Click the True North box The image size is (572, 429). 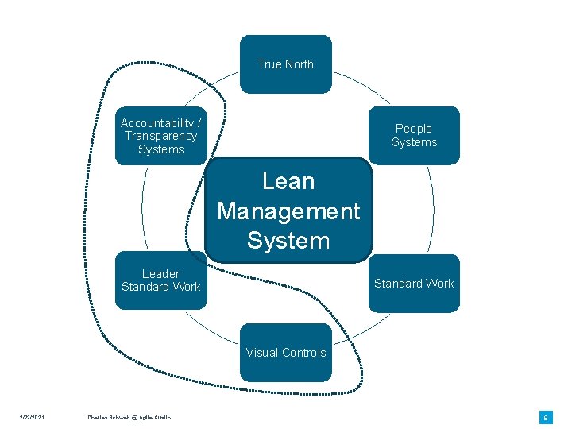click(285, 64)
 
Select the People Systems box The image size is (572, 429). click(414, 136)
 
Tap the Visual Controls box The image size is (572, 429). click(286, 353)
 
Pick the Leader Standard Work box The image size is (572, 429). click(160, 280)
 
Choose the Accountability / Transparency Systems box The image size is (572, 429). click(160, 136)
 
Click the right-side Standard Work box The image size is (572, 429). click(414, 284)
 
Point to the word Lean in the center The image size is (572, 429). click(288, 181)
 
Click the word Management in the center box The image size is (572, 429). click(288, 211)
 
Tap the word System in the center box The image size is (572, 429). click(288, 240)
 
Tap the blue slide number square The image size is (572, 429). click(546, 417)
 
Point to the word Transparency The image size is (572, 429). click(160, 136)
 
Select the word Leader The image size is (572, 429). click(160, 274)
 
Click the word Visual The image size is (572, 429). click(262, 353)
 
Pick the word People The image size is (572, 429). click(414, 129)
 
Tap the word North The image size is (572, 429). click(298, 64)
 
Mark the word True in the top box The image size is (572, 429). click(269, 64)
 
